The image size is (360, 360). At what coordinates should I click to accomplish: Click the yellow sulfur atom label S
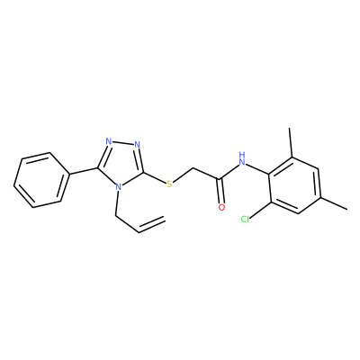[x=170, y=184]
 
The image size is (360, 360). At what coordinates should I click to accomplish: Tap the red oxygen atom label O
[x=221, y=207]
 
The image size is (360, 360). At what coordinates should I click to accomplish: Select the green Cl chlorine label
[x=246, y=220]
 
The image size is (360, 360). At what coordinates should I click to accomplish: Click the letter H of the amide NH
[x=242, y=155]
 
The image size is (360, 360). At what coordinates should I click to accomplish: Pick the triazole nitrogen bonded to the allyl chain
[x=119, y=188]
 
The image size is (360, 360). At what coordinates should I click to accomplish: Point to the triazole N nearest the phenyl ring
[x=109, y=141]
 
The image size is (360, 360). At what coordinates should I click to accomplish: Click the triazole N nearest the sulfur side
[x=138, y=145]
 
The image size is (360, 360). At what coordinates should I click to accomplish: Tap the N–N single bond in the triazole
[x=123, y=143]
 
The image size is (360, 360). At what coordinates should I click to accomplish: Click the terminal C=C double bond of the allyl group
[x=152, y=224]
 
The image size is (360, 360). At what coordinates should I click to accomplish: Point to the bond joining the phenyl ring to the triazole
[x=83, y=171]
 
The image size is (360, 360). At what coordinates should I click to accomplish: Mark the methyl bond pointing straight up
[x=291, y=143]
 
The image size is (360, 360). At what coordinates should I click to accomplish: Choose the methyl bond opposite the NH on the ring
[x=334, y=202]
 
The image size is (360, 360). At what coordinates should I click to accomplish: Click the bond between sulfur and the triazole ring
[x=155, y=177]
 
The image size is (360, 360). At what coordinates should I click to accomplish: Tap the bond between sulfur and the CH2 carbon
[x=183, y=175]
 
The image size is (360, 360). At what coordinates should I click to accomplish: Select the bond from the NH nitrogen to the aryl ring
[x=257, y=168]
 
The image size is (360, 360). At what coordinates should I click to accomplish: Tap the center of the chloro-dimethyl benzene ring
[x=295, y=185]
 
